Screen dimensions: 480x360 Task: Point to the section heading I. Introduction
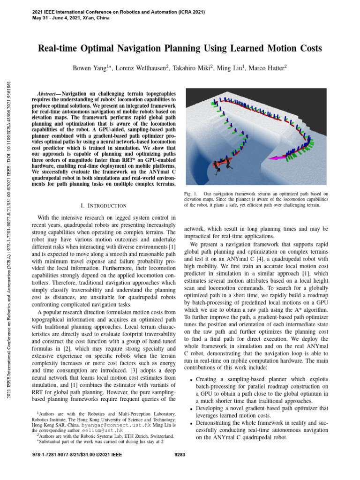(x=104, y=205)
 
